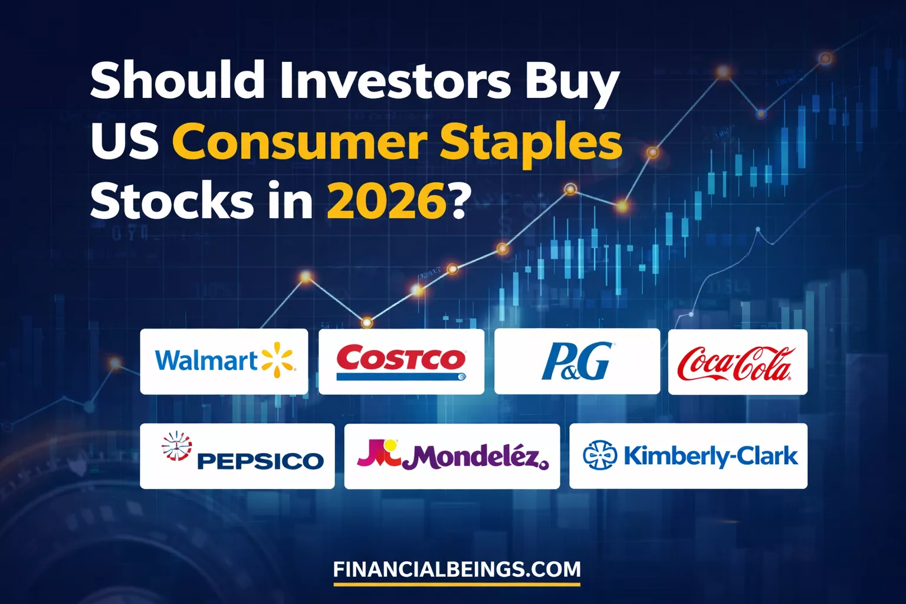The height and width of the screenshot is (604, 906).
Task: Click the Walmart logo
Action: [x=224, y=361]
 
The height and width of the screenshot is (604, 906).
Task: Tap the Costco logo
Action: [x=401, y=361]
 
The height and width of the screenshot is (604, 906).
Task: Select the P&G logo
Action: [x=577, y=361]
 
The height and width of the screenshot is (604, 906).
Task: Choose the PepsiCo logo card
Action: [x=237, y=456]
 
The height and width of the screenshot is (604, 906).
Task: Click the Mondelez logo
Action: [x=452, y=456]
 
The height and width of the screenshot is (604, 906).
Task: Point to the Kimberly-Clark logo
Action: [x=688, y=456]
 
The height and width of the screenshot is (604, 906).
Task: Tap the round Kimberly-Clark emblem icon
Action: [x=600, y=455]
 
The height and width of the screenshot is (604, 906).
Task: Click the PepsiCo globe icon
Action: [x=177, y=447]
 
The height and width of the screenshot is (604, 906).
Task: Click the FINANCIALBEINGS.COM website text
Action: [x=457, y=570]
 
